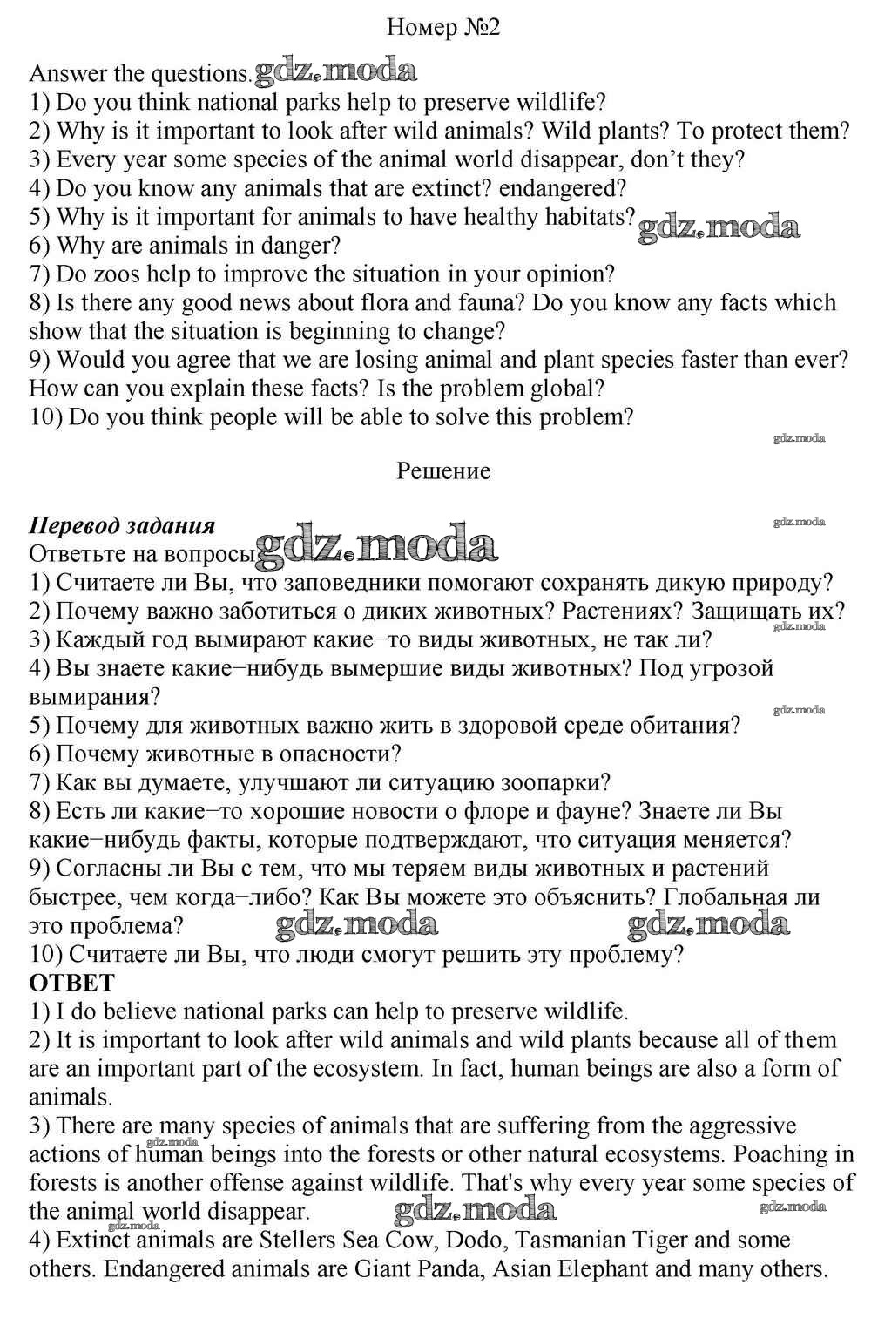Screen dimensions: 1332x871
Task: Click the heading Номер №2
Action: point(443,28)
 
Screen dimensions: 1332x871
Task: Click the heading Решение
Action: point(443,471)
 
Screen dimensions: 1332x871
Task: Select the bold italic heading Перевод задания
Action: point(122,525)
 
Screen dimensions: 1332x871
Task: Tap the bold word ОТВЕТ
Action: point(71,983)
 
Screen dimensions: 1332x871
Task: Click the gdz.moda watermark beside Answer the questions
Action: point(334,71)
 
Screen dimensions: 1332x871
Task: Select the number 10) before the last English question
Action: point(45,417)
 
